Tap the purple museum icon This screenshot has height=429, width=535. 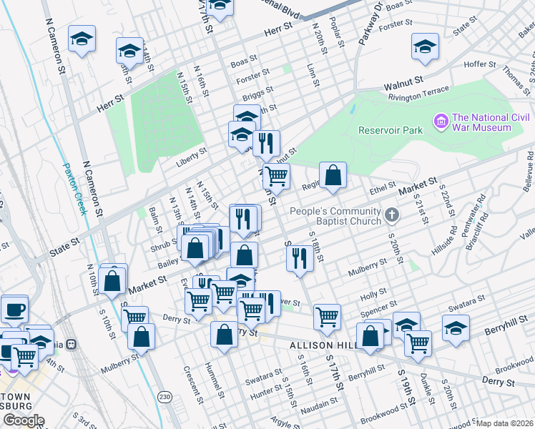coord(441,122)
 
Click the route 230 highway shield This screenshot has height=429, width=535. coord(164,396)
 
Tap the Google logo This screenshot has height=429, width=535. coord(24,420)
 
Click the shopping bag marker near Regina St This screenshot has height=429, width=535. coord(333,174)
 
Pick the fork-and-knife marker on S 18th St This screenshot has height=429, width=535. coord(300,257)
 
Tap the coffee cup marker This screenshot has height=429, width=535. coord(15,310)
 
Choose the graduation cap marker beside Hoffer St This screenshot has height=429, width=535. coord(425,46)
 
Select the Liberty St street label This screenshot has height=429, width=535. coord(192,152)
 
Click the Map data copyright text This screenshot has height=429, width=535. coord(504,423)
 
